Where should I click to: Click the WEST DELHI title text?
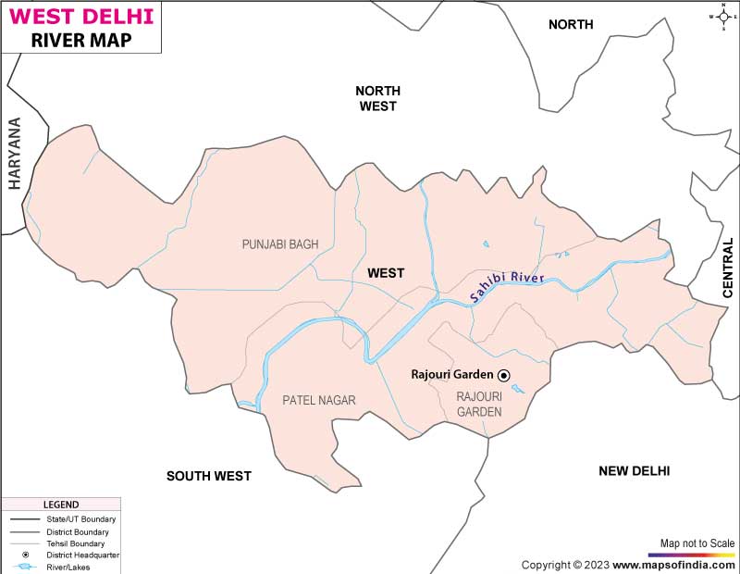coord(81,16)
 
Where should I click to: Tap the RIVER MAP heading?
coord(81,40)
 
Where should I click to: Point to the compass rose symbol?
coord(722,16)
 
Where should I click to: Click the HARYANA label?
coord(15,154)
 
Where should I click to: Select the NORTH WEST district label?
coord(377,98)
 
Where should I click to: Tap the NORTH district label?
coord(571,25)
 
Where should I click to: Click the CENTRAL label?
coord(728,268)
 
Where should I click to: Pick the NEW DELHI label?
coord(634,471)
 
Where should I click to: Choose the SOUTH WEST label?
coord(208,476)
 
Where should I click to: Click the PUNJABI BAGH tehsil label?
coord(279,244)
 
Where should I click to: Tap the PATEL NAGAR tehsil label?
coord(319,400)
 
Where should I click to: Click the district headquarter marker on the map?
coord(504,375)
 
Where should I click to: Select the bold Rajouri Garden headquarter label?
coord(451,375)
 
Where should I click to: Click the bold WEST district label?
coord(386,273)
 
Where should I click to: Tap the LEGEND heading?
coord(61,505)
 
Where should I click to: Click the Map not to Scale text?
coord(697,543)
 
